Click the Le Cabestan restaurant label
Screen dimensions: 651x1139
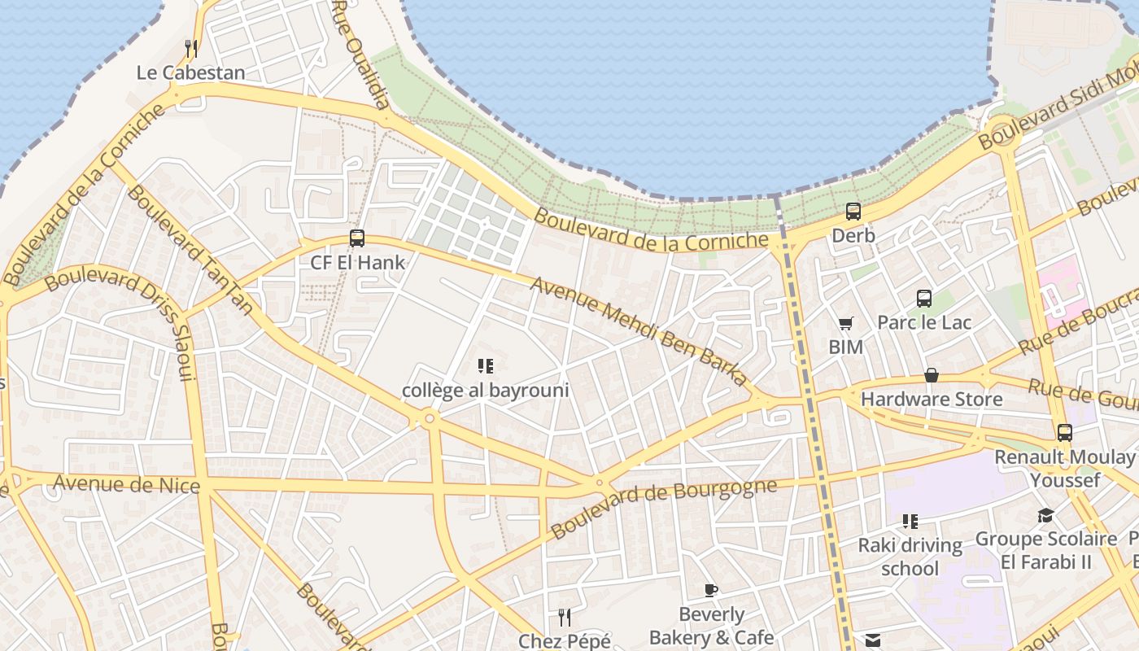pyautogui.click(x=190, y=72)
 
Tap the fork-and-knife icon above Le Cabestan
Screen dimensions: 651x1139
pyautogui.click(x=190, y=49)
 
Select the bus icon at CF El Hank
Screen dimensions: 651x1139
pyautogui.click(x=357, y=238)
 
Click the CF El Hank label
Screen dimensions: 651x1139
pyautogui.click(x=357, y=262)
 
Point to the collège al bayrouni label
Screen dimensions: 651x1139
pyautogui.click(x=485, y=391)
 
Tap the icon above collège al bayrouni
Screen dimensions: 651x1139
pyautogui.click(x=486, y=366)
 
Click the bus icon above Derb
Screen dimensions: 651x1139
pyautogui.click(x=853, y=212)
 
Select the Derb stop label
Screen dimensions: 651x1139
pyautogui.click(x=853, y=236)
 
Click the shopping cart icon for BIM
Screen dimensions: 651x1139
pyautogui.click(x=846, y=324)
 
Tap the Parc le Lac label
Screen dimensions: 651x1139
pyautogui.click(x=924, y=323)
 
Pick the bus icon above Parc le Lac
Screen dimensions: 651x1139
pyautogui.click(x=924, y=299)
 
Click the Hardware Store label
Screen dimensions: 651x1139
pyautogui.click(x=932, y=400)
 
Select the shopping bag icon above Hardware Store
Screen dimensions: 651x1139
pyautogui.click(x=932, y=375)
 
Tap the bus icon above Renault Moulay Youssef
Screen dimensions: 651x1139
pyautogui.click(x=1065, y=433)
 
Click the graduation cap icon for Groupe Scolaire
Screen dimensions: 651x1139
pyautogui.click(x=1045, y=515)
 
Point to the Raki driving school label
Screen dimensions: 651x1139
pyautogui.click(x=910, y=557)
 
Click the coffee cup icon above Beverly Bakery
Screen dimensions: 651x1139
pyautogui.click(x=711, y=590)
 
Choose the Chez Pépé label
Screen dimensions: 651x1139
pyautogui.click(x=565, y=641)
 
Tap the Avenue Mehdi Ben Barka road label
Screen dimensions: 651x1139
pyautogui.click(x=639, y=331)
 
